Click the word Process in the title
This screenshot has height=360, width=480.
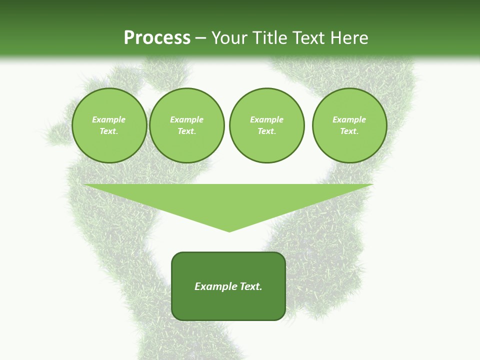tap(157, 38)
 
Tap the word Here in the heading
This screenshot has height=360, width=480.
tap(349, 38)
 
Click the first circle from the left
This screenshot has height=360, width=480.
tap(109, 125)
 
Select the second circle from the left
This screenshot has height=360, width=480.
tap(186, 125)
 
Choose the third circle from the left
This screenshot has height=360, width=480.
tap(266, 125)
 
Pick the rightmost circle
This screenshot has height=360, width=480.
tap(349, 125)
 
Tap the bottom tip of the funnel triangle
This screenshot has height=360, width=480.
tap(229, 231)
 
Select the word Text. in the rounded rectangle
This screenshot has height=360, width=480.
tap(250, 286)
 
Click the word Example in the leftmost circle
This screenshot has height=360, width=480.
tap(109, 119)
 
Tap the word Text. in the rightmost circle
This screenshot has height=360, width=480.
tap(349, 131)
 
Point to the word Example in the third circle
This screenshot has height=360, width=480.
tap(266, 119)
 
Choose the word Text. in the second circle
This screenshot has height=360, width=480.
tap(186, 131)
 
